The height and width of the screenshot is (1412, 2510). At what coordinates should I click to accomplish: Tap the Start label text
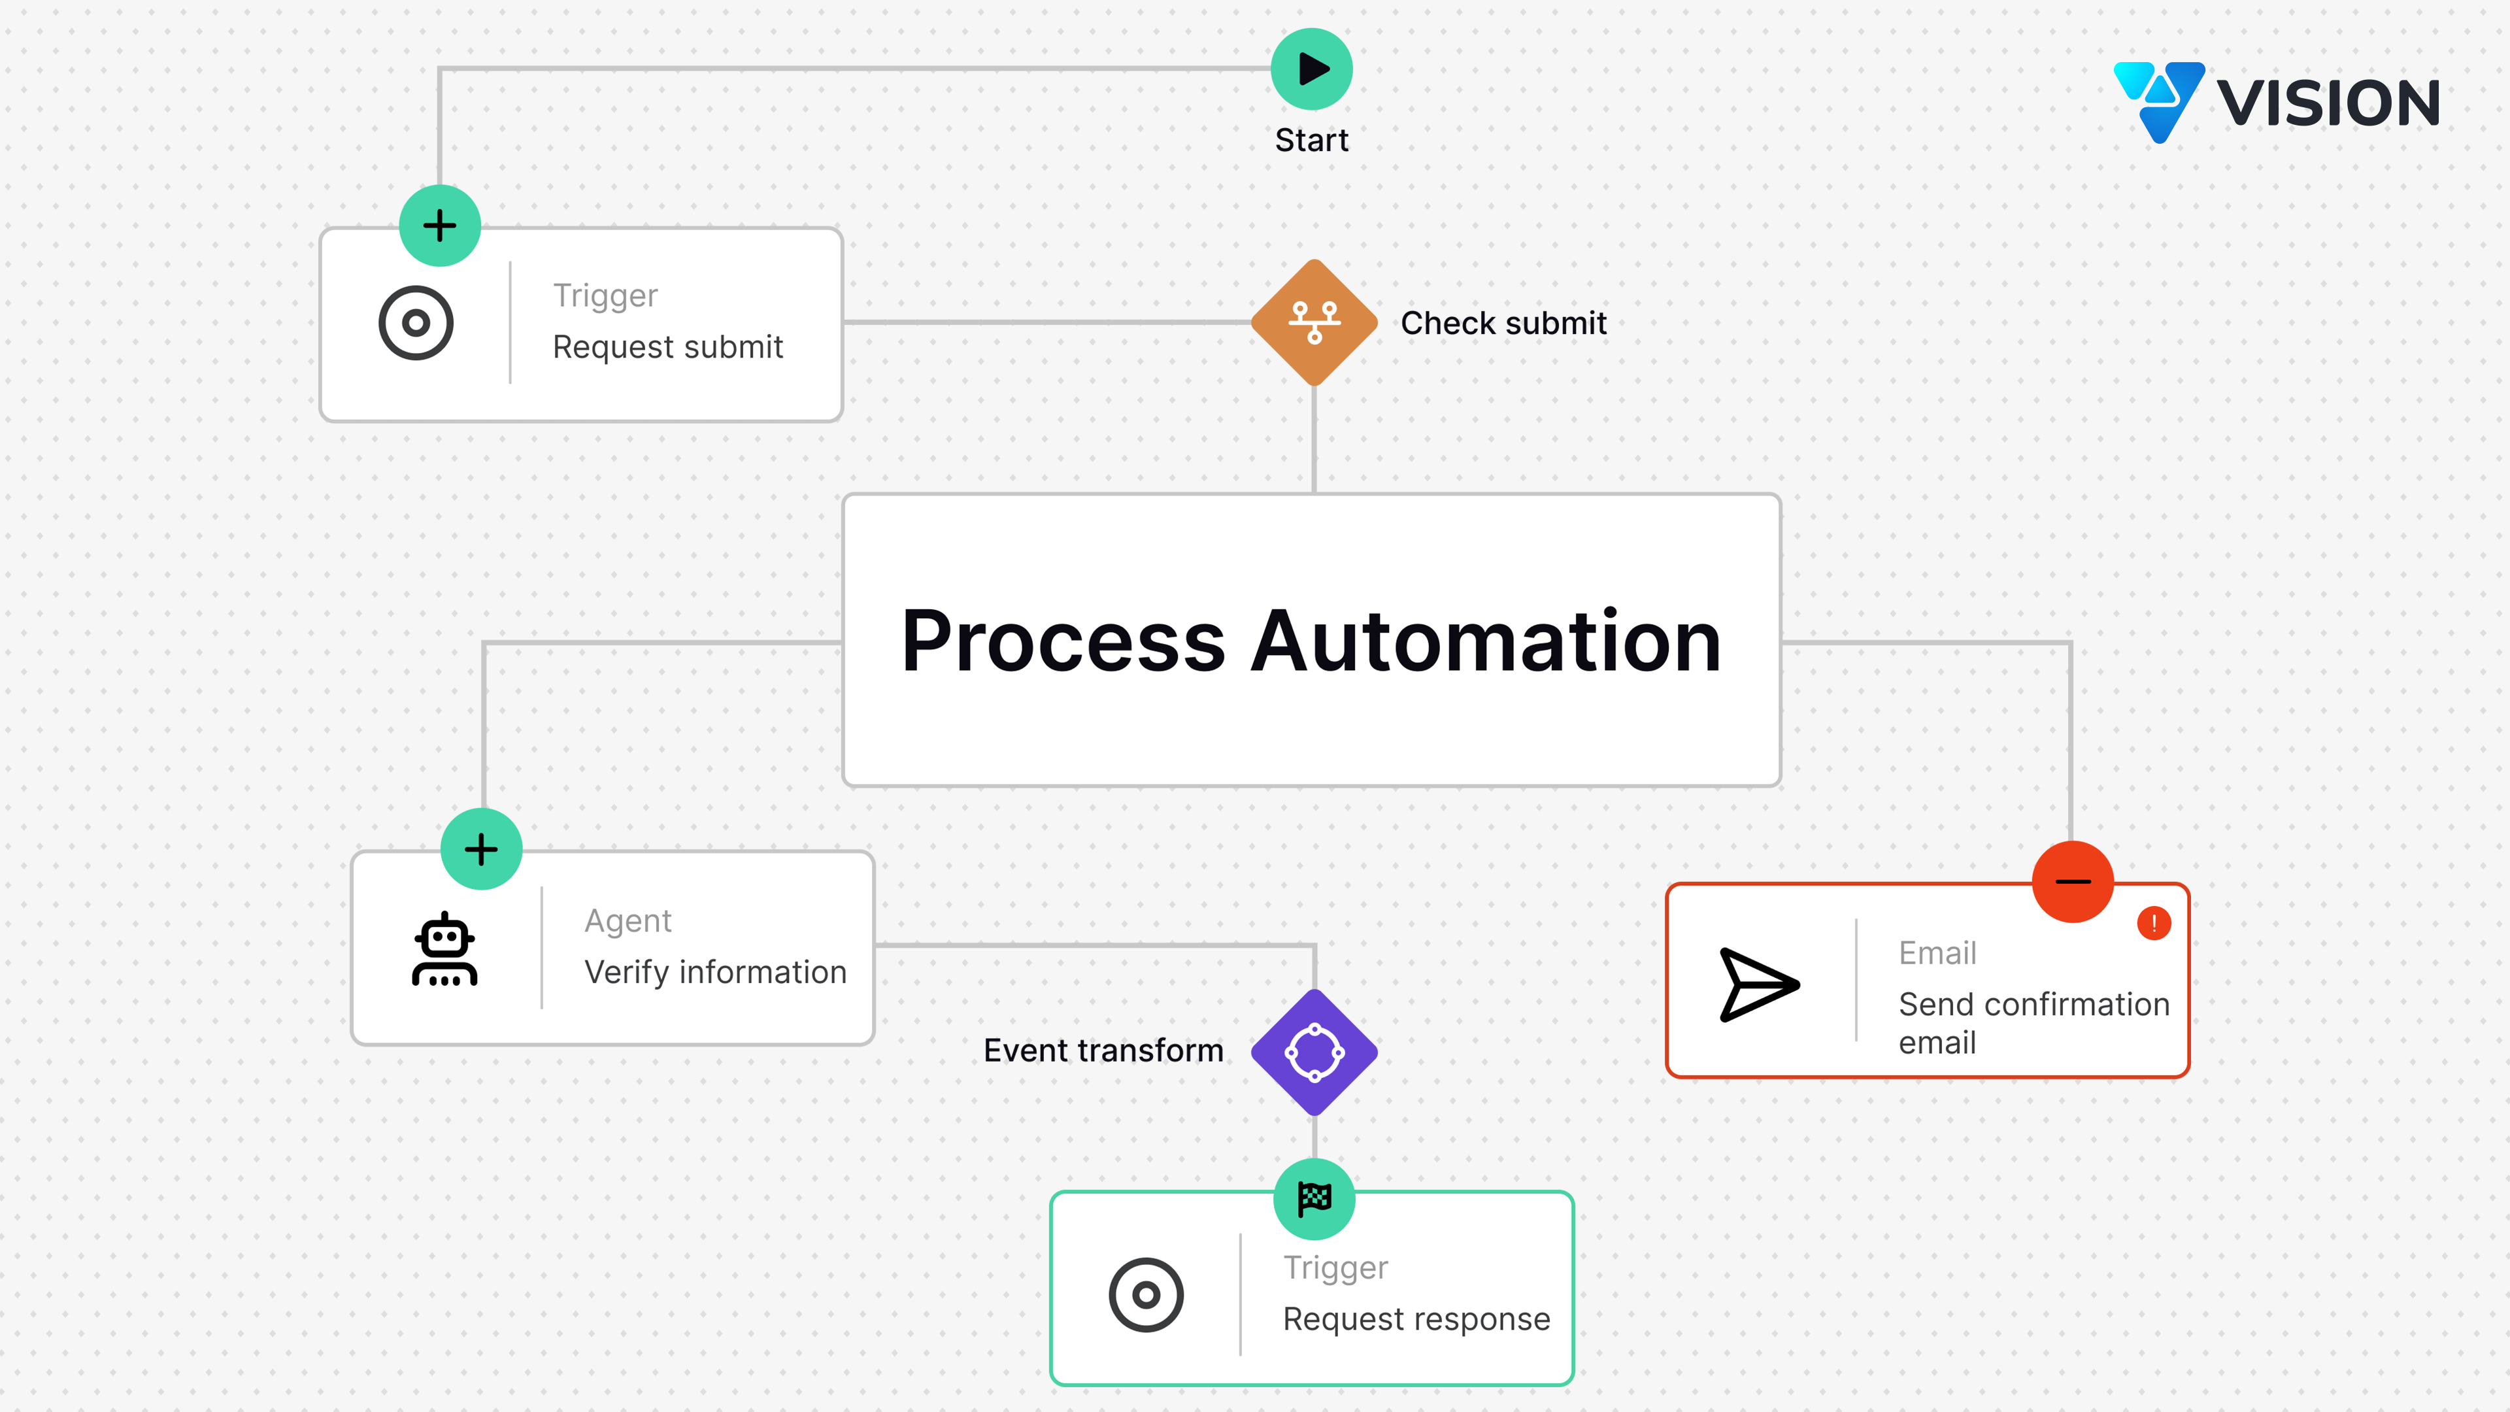pos(1311,141)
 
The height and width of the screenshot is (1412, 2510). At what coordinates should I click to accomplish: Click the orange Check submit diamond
pos(1313,322)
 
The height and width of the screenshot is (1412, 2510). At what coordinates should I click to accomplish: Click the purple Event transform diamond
pos(1313,1051)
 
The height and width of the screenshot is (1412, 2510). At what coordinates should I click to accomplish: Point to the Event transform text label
pos(1103,1051)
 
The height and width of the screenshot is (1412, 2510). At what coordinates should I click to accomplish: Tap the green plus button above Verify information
pos(481,849)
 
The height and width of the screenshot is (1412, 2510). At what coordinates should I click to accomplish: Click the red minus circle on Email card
pos(2073,882)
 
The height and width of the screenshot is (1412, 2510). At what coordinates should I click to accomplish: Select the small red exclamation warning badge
pos(2153,923)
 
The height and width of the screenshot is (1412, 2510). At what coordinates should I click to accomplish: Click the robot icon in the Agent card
pos(444,949)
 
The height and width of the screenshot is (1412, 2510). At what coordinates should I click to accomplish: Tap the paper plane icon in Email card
pos(1758,984)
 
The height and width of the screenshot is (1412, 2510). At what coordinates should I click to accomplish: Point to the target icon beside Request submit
pos(416,322)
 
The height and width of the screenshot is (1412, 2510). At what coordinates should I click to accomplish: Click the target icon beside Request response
pos(1146,1295)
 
